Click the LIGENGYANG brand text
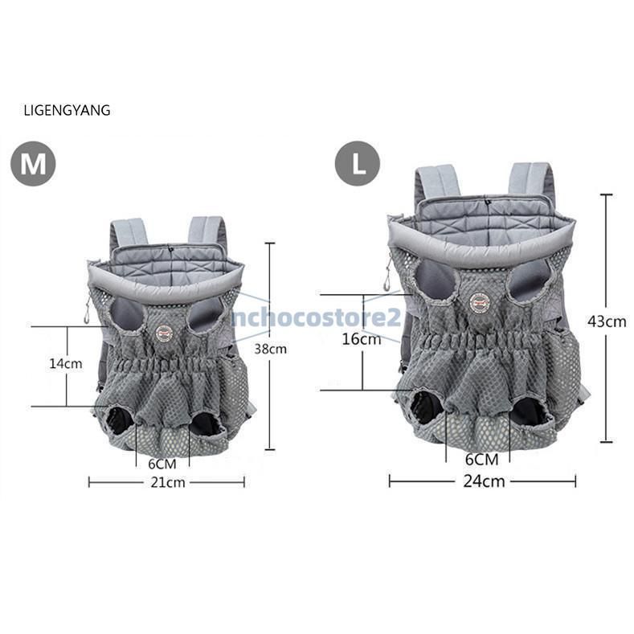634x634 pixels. click(67, 110)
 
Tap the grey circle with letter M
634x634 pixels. click(33, 164)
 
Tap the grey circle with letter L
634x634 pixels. click(358, 163)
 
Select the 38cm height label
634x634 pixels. click(271, 349)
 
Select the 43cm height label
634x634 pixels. click(607, 321)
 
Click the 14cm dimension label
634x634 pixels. click(66, 363)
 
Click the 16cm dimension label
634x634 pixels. click(362, 339)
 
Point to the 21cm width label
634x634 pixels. click(168, 482)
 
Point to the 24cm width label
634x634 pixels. click(484, 481)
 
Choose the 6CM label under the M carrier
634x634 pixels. click(162, 464)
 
